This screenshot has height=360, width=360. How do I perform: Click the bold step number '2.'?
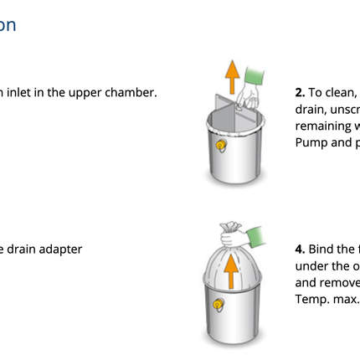tap(300, 93)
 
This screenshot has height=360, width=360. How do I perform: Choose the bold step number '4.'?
tap(300, 249)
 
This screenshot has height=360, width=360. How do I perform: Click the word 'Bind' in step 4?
tap(322, 249)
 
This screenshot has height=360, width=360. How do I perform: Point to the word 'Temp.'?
tap(312, 299)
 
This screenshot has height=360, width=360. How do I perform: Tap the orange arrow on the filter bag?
tap(231, 270)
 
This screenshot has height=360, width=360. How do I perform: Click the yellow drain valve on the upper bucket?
tap(221, 146)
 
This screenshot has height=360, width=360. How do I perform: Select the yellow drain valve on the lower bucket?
tap(219, 305)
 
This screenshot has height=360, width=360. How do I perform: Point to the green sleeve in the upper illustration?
tap(255, 78)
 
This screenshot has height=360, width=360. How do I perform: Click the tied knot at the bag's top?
tap(230, 228)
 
